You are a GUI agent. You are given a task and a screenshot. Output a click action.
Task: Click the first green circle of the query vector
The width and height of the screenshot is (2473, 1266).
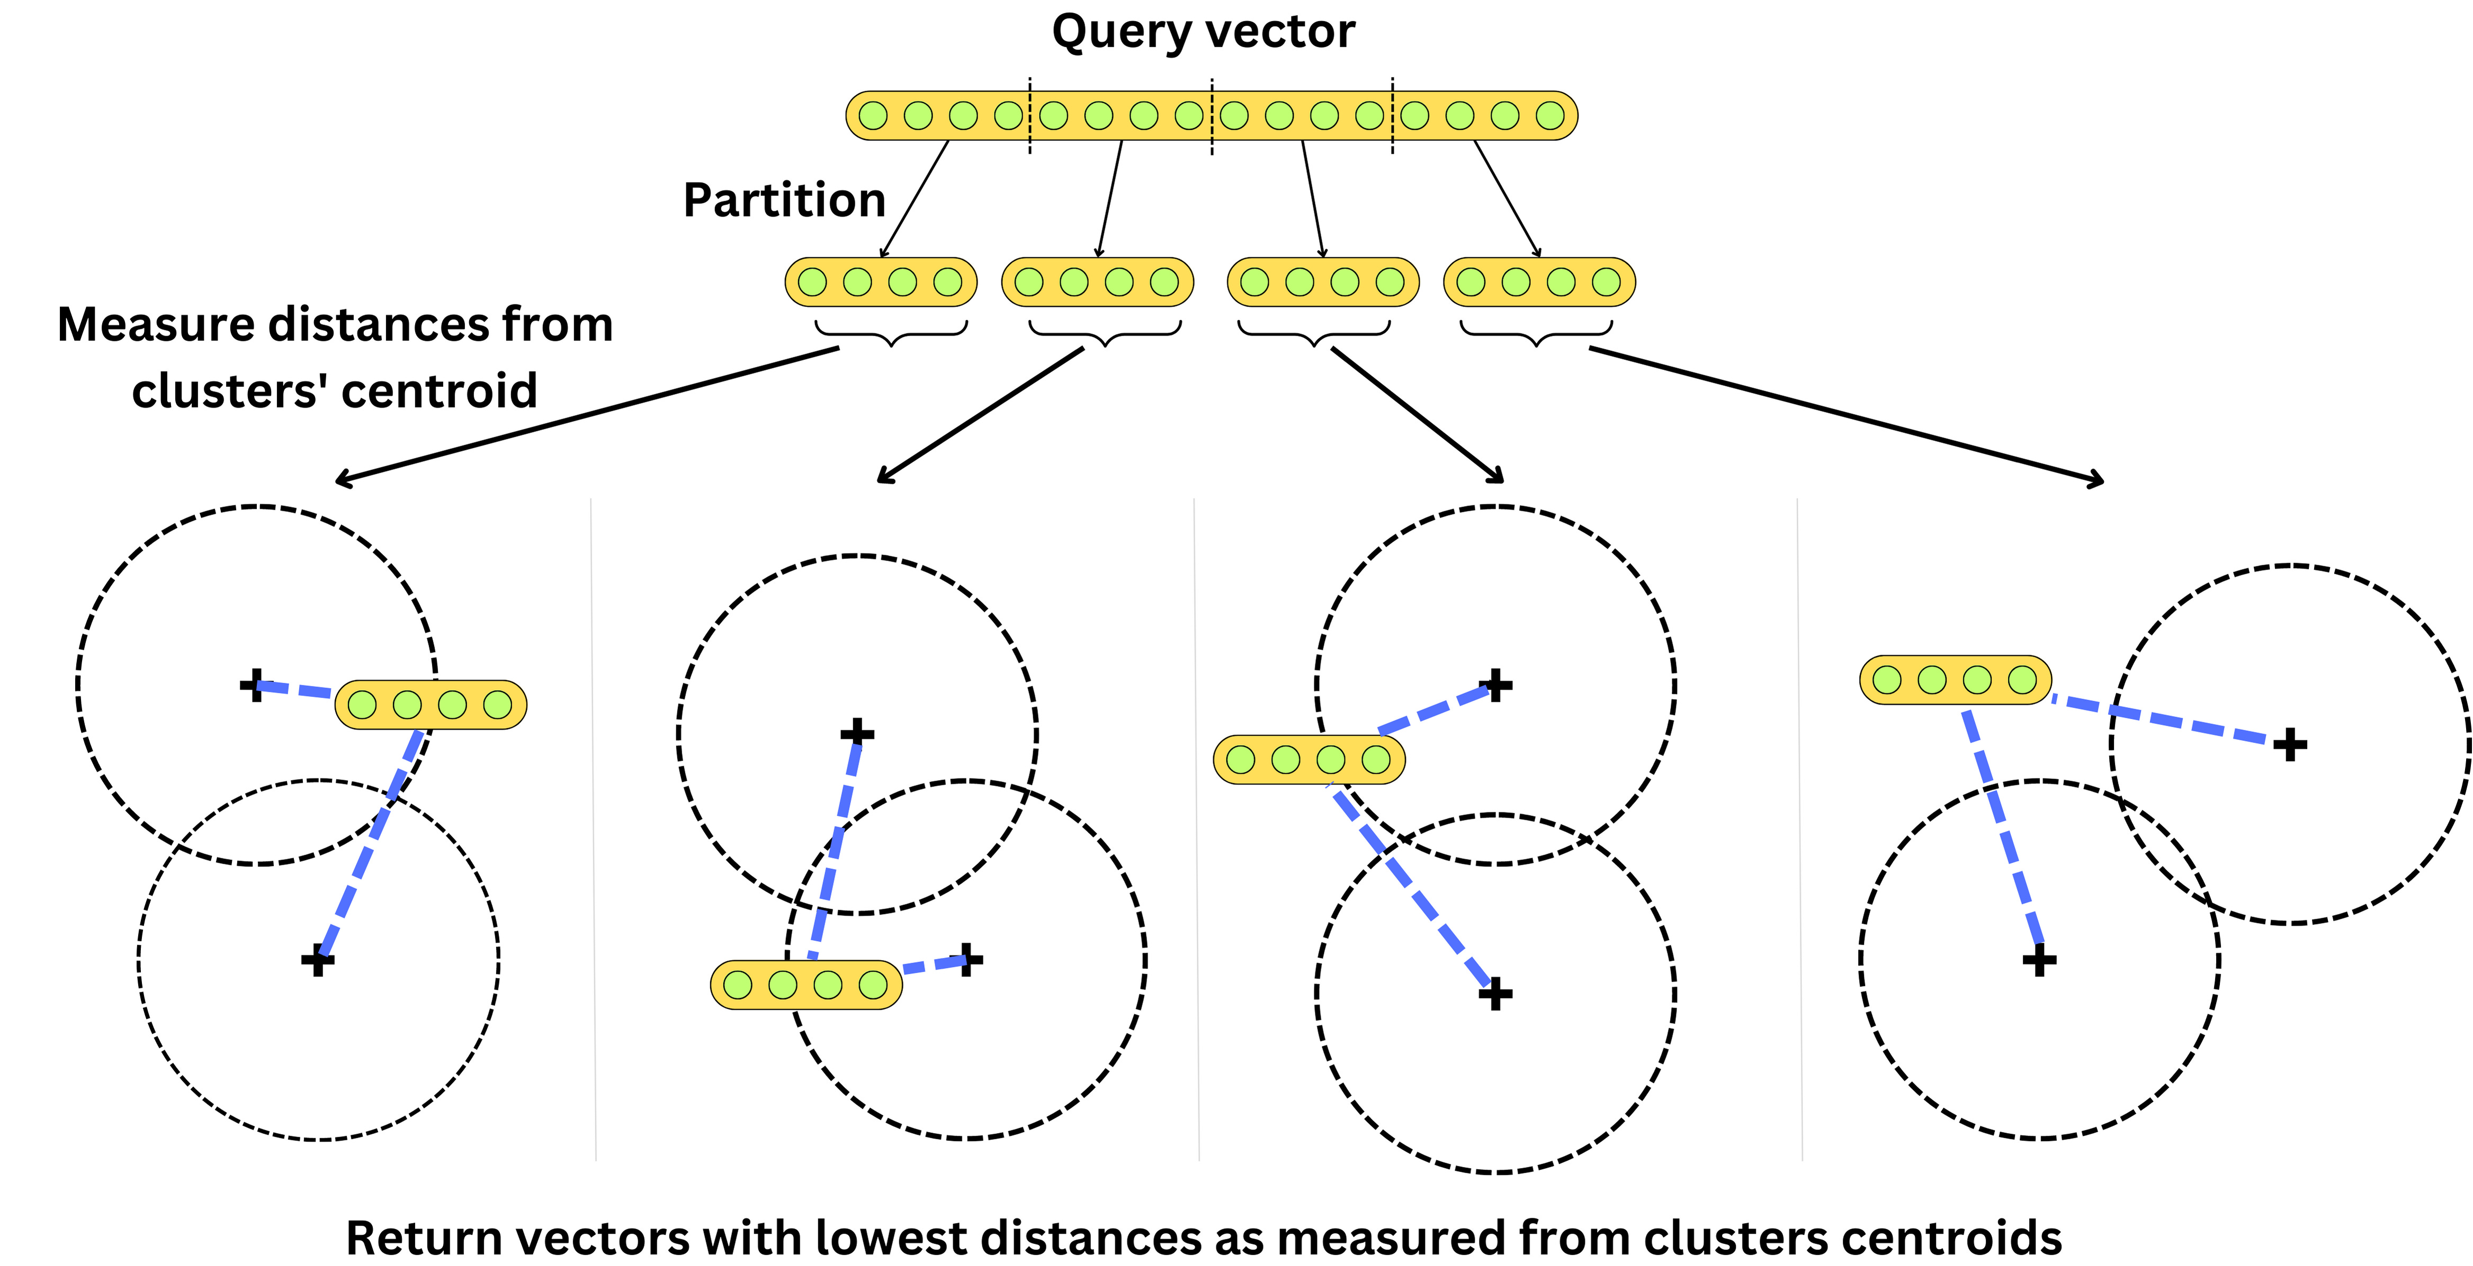tap(873, 116)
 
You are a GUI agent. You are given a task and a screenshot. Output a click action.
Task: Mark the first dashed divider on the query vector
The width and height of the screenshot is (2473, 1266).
tap(1030, 116)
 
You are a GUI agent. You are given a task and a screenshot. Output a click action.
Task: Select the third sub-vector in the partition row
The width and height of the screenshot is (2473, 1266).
tap(1323, 282)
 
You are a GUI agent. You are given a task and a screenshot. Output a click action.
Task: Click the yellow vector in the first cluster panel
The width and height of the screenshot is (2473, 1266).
tap(430, 706)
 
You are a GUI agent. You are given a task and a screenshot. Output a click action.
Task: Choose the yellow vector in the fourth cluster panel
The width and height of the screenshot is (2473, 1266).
tap(1955, 681)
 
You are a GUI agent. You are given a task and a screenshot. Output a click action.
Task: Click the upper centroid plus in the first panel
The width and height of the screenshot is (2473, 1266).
tap(254, 685)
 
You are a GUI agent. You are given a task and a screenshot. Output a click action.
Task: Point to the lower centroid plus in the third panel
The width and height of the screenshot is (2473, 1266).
tap(1495, 993)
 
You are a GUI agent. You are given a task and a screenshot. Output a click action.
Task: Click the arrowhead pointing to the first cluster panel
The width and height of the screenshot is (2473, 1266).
tap(341, 480)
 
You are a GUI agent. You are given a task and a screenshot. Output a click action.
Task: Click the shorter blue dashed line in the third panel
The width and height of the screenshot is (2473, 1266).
tap(1435, 710)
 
